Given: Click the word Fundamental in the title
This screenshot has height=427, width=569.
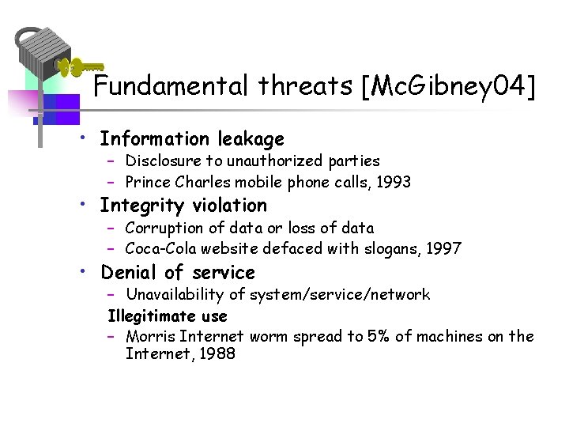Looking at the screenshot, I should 171,86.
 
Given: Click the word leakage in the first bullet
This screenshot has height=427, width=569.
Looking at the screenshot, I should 251,139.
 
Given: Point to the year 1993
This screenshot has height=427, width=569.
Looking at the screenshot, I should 393,183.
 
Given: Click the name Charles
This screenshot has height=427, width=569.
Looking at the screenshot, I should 204,183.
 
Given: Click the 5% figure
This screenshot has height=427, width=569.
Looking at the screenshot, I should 378,337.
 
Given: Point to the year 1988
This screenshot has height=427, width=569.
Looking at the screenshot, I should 217,354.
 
